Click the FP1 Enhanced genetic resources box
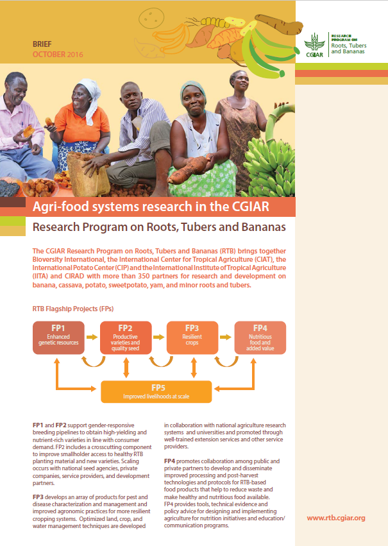(x=58, y=337)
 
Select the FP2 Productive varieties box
(x=126, y=337)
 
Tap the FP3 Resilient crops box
(x=192, y=337)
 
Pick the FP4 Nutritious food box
(x=260, y=337)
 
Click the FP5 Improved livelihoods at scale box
(x=156, y=392)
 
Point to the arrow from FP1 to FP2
(x=92, y=337)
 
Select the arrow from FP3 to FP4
(x=226, y=337)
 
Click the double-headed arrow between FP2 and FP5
(x=126, y=368)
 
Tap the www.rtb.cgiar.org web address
(x=336, y=518)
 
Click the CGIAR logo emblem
(x=315, y=44)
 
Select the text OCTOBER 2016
(x=58, y=55)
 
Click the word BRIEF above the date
(x=42, y=44)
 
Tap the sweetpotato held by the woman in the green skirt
(x=190, y=169)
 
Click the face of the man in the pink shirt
(x=17, y=90)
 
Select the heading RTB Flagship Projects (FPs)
(x=73, y=309)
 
